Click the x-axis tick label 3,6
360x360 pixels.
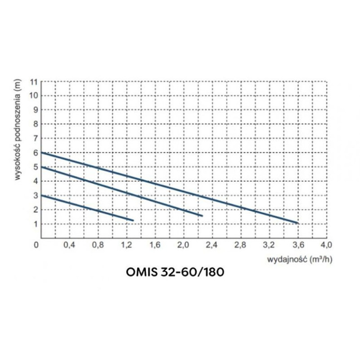297,245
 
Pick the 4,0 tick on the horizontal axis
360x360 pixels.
326,245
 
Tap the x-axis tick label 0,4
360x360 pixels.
69,245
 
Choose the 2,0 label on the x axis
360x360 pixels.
183,245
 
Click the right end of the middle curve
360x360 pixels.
202,216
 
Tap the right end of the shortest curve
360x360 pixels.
133,220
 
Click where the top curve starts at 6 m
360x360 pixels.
41,153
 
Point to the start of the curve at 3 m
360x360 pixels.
41,195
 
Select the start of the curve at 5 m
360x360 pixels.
41,167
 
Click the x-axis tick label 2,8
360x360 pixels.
240,245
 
